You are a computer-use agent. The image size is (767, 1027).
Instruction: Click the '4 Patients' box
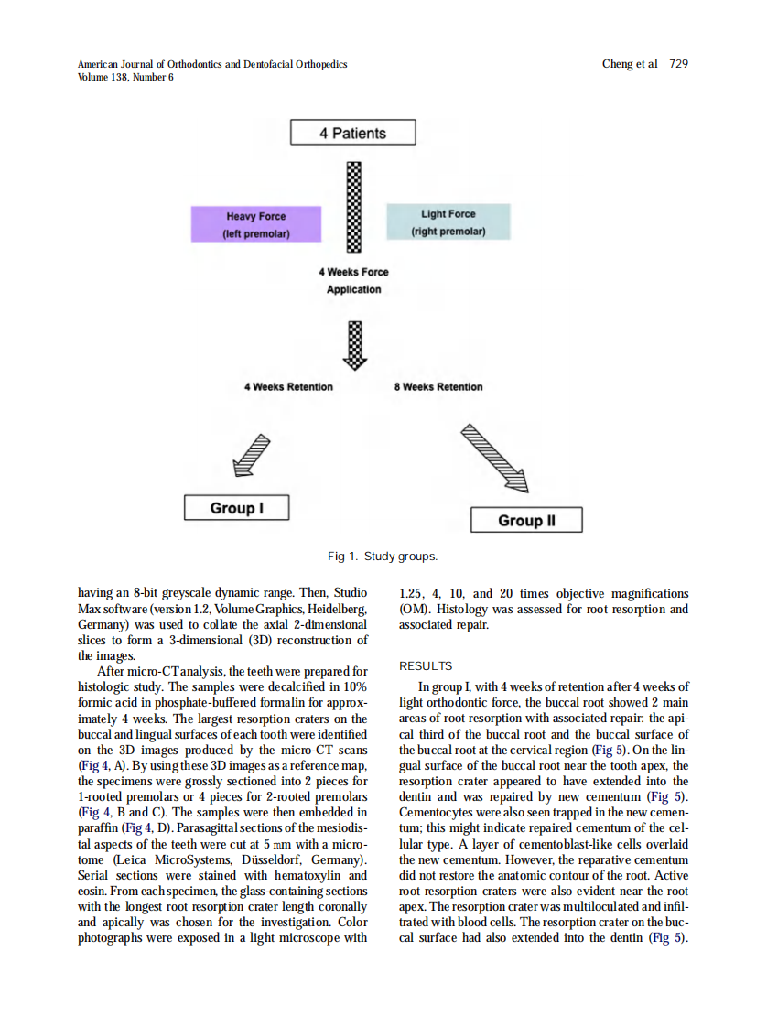(x=352, y=134)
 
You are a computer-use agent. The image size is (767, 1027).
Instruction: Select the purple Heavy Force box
(x=256, y=224)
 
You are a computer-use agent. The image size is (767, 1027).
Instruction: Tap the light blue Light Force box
(x=448, y=222)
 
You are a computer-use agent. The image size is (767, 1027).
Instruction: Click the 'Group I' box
(x=236, y=508)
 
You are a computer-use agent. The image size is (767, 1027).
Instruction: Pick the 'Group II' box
(x=526, y=520)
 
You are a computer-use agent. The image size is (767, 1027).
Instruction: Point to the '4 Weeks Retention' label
(x=288, y=387)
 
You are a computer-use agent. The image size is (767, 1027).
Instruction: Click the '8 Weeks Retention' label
(x=438, y=387)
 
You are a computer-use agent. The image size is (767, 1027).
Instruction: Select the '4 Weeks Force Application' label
(x=353, y=281)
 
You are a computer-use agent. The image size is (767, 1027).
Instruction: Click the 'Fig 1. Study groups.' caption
(x=383, y=557)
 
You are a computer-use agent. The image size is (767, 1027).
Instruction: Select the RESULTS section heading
(x=426, y=666)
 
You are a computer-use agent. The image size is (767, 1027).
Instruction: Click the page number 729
(x=678, y=64)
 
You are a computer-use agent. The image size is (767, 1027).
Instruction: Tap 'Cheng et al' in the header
(x=630, y=64)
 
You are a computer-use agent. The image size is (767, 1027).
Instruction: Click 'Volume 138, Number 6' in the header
(x=125, y=77)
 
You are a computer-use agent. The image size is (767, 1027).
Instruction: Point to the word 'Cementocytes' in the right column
(x=436, y=812)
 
